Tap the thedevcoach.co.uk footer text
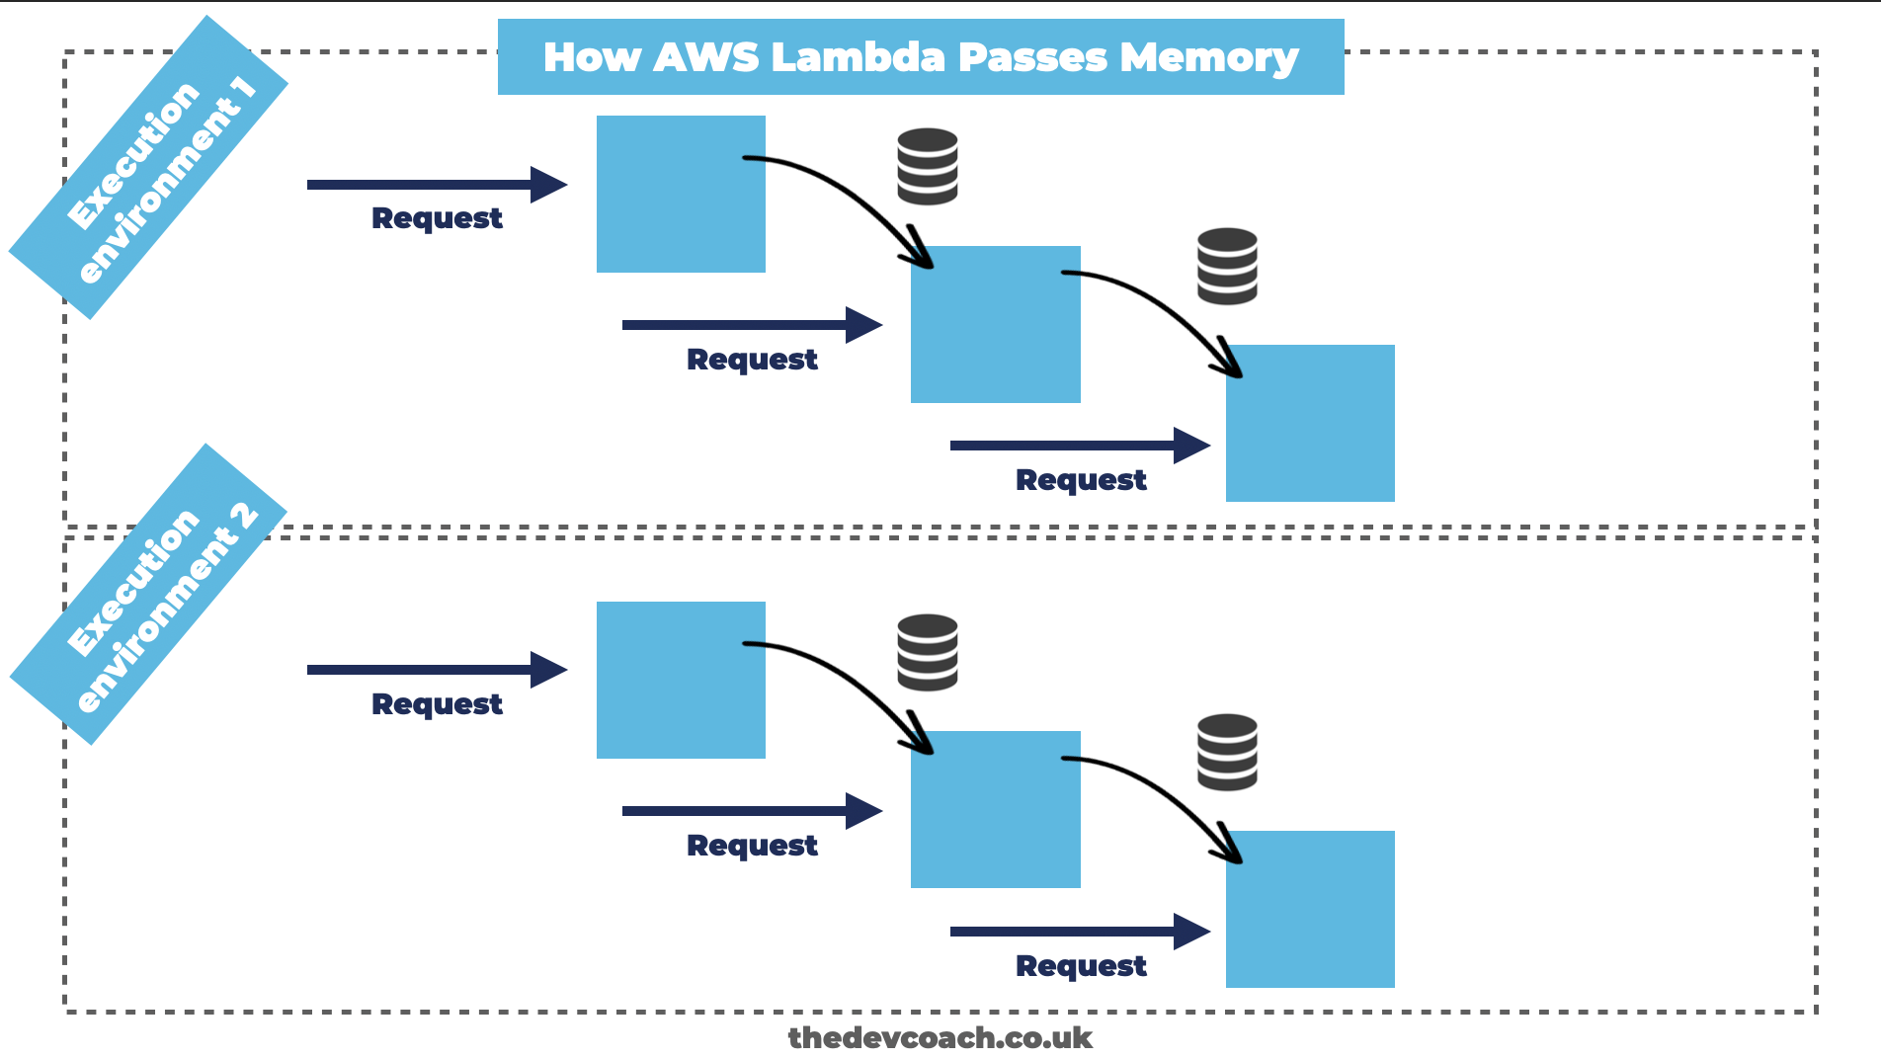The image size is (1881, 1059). (940, 1037)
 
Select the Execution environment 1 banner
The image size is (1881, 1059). (148, 168)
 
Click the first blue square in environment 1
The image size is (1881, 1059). (681, 194)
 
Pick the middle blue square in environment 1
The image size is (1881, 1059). (995, 324)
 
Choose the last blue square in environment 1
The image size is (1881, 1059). (1310, 423)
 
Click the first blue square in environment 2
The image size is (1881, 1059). (681, 680)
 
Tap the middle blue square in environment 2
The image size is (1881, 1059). (995, 809)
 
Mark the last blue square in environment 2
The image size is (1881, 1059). (1310, 909)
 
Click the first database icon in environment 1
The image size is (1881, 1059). (927, 166)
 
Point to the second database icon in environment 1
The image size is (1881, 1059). (1227, 266)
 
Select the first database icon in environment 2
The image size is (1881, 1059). (927, 652)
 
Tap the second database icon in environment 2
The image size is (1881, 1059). (1227, 752)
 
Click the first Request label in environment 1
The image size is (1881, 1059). (437, 218)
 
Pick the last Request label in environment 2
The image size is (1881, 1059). (1081, 966)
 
